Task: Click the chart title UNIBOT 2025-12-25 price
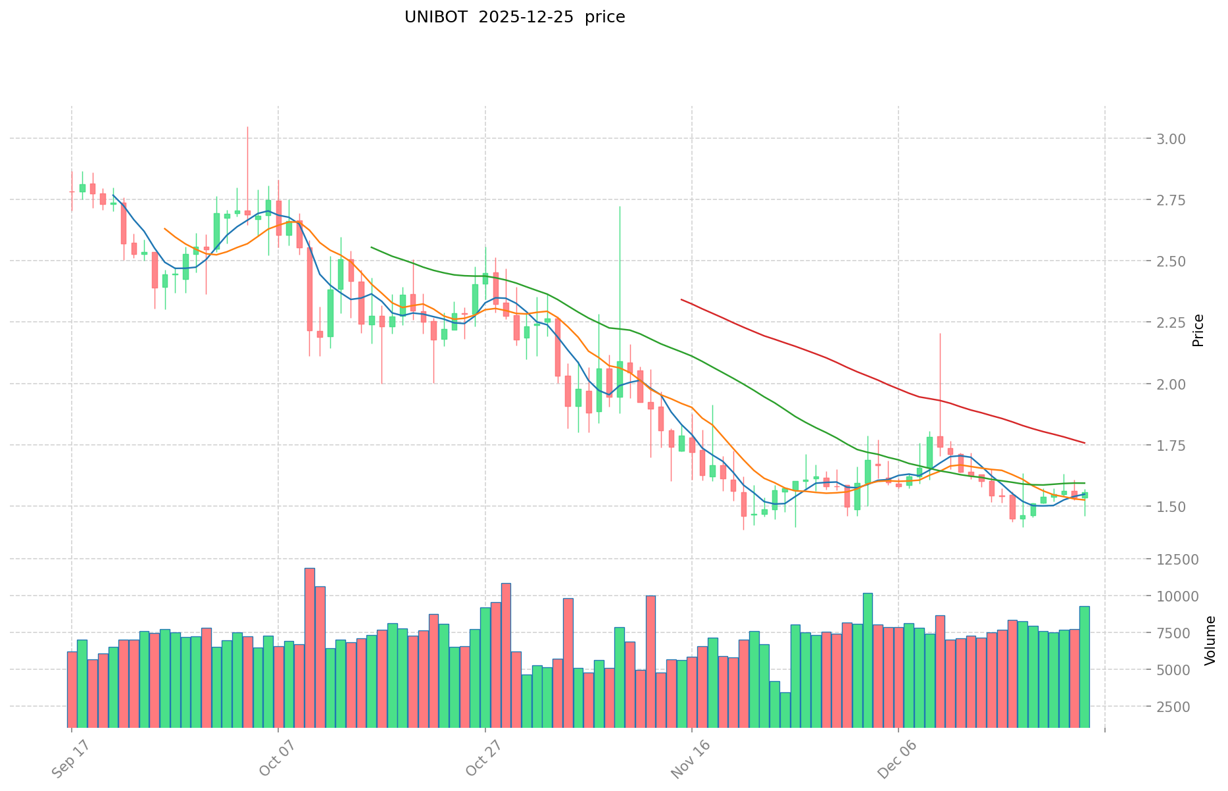point(514,17)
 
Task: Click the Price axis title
point(1198,330)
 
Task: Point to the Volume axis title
point(1210,640)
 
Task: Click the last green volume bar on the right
point(1084,665)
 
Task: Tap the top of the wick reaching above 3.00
point(247,127)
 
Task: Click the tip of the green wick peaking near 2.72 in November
point(619,207)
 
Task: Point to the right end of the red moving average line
point(1085,443)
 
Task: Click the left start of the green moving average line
point(372,247)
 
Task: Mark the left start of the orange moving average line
point(164,229)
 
